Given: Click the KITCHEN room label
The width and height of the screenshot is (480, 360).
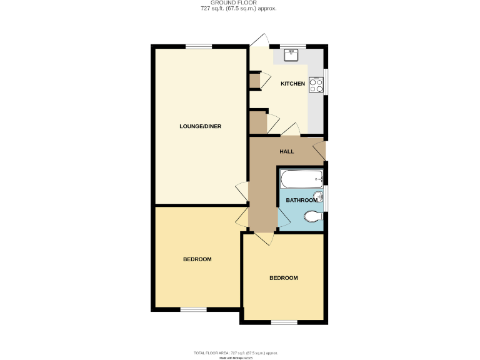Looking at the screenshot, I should coord(292,84).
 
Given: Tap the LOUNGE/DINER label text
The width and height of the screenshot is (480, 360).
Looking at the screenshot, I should coord(200,126).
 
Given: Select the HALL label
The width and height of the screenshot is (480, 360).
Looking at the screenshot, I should coord(286,151).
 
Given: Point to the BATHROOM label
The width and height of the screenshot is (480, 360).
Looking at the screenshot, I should coord(301,200).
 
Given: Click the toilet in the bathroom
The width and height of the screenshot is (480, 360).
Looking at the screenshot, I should coord(312,217).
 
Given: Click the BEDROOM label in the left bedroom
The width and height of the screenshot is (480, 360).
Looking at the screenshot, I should coord(197,259).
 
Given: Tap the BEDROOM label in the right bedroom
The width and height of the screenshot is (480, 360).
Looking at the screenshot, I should coord(283,278).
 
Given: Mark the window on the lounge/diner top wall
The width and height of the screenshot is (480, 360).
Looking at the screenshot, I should coord(198,45).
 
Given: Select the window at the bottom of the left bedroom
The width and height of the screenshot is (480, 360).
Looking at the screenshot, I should coord(193,309).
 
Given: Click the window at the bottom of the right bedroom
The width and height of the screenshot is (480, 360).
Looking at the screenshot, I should coord(284,322).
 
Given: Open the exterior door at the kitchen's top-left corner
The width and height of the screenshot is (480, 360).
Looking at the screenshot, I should coord(259,39).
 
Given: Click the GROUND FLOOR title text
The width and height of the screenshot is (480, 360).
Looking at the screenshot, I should coord(239,3).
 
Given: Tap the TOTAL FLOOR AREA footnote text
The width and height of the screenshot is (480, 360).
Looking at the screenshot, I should coord(239,353).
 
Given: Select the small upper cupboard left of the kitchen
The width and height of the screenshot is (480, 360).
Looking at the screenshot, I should coord(254,81).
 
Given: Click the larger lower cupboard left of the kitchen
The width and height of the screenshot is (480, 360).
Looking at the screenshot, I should coord(257,122).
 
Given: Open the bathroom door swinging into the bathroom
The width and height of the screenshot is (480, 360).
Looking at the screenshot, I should coord(283,217).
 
